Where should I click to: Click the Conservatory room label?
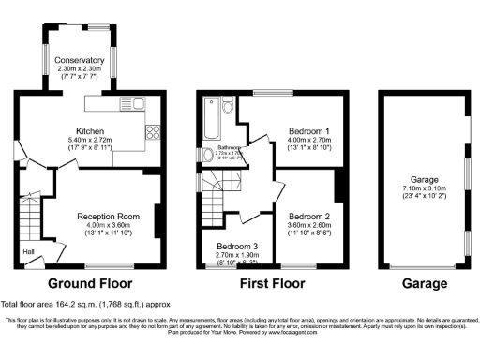point(80,60)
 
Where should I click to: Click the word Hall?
point(28,250)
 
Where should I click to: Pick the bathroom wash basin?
point(200,155)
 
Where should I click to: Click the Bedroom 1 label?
point(307,129)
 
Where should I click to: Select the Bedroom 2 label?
point(307,215)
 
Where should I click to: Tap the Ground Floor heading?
point(90,282)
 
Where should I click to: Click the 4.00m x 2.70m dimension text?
point(307,140)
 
